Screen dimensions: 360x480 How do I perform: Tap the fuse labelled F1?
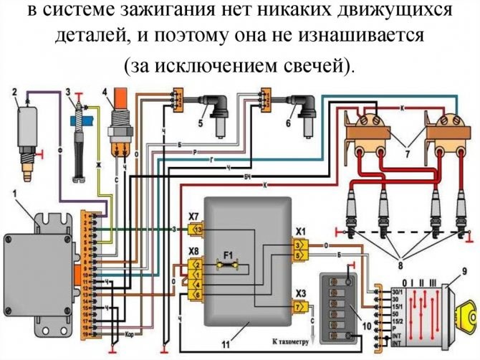[x=229, y=255]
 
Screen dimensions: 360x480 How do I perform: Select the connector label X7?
[x=193, y=216]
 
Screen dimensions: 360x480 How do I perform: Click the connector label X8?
[x=193, y=250]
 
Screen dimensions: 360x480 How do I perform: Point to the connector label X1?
[x=300, y=232]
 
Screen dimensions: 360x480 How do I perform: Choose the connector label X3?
[x=301, y=293]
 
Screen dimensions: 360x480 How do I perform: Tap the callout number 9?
[x=464, y=271]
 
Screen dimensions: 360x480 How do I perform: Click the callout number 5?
[x=202, y=123]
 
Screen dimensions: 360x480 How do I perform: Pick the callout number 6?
[x=289, y=123]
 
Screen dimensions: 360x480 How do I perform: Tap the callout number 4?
[x=105, y=92]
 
